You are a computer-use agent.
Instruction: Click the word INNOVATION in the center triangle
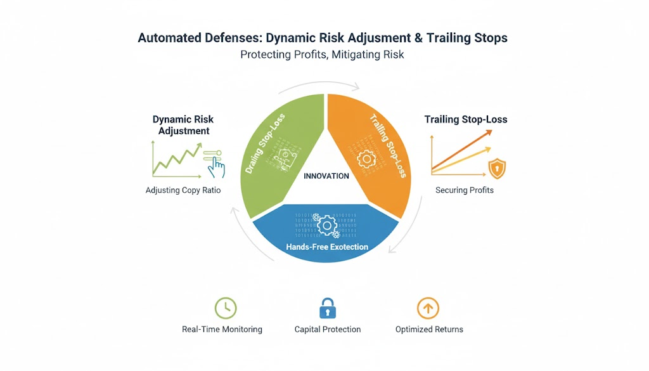coord(326,176)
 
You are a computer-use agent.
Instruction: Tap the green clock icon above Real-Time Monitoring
coord(225,308)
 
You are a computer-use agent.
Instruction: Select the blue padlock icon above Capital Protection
coord(327,309)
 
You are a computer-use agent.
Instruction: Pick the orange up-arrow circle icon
coord(428,308)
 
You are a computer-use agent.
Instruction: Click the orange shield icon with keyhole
coord(497,169)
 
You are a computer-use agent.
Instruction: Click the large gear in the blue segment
coord(326,225)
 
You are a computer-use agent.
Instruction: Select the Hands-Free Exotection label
coord(326,247)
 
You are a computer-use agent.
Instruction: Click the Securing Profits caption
coord(464,190)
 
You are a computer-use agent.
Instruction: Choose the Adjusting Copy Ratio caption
coord(183,190)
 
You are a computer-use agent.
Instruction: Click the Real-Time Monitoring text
coord(222,329)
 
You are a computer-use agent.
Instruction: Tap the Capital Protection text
coord(328,329)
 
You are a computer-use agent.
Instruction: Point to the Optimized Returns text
coord(429,329)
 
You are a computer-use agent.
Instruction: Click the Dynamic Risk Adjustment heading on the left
coord(183,125)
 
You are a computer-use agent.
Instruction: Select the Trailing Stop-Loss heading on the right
coord(466,119)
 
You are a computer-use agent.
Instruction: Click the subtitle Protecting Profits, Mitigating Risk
coord(322,55)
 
